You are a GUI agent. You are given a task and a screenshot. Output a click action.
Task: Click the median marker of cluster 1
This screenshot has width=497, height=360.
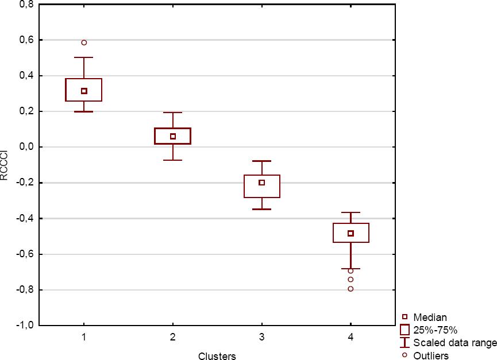tap(84, 91)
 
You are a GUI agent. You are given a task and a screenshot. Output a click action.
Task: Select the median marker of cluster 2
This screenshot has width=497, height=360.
tap(173, 136)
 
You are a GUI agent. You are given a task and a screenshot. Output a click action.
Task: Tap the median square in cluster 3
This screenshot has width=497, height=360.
tap(262, 183)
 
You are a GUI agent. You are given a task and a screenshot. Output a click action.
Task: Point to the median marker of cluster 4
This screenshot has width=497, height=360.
tap(350, 233)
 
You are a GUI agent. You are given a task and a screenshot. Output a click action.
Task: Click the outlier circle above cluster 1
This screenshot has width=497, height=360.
tap(84, 42)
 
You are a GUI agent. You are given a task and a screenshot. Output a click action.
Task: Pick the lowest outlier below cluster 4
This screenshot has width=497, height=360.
tap(350, 289)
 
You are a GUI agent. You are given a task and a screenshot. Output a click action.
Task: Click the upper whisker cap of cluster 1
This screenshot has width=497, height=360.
tap(84, 57)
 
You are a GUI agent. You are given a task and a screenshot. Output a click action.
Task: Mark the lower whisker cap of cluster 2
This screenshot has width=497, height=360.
tap(173, 160)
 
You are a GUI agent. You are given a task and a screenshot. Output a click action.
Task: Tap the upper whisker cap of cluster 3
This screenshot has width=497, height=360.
tap(262, 161)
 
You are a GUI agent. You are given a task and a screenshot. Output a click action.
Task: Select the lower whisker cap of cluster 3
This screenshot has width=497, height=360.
tap(262, 209)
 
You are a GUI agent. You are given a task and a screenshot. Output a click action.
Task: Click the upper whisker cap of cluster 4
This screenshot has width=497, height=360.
tap(350, 212)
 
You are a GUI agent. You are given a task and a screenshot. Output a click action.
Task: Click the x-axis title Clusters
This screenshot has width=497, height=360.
tap(217, 356)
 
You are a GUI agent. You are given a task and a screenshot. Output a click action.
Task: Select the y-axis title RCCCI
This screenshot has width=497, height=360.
tap(5, 165)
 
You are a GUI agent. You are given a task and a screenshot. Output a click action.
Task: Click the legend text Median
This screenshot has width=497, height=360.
tap(430, 317)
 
